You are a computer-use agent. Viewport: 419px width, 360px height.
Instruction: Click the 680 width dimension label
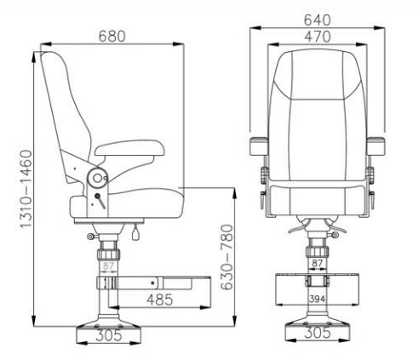pos(112,37)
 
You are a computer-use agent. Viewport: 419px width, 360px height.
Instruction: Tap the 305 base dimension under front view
pos(317,334)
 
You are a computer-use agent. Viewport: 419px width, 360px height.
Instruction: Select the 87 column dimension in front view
pos(317,265)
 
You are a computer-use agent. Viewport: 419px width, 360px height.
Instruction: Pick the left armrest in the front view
pos(259,147)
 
